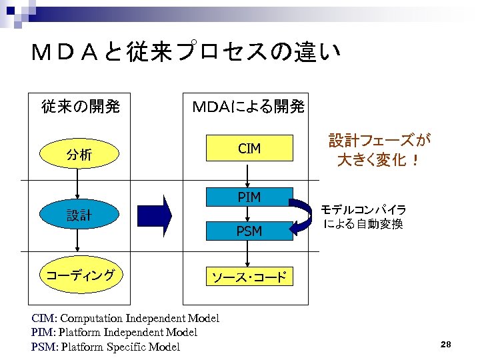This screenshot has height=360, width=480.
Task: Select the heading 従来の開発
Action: click(x=80, y=105)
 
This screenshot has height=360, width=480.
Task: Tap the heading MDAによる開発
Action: click(x=248, y=105)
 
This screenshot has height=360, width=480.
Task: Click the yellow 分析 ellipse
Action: click(x=79, y=155)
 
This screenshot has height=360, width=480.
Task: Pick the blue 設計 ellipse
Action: click(x=79, y=215)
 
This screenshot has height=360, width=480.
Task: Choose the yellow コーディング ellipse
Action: click(x=79, y=275)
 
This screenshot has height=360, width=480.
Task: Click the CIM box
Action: click(x=249, y=149)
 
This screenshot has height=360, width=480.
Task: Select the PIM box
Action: click(x=249, y=197)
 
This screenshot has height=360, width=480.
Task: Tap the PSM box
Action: click(x=249, y=231)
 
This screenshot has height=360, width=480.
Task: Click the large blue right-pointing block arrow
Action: click(x=155, y=215)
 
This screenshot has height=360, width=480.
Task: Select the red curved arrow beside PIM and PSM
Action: click(x=303, y=214)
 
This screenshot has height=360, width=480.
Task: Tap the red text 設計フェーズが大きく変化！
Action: click(x=379, y=150)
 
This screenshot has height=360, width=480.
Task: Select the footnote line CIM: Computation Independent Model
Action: click(x=125, y=318)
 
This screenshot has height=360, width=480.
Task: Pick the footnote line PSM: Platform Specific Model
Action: click(x=105, y=347)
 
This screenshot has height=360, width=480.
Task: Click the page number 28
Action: click(x=446, y=344)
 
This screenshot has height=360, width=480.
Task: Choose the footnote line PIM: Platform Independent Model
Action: click(x=114, y=332)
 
